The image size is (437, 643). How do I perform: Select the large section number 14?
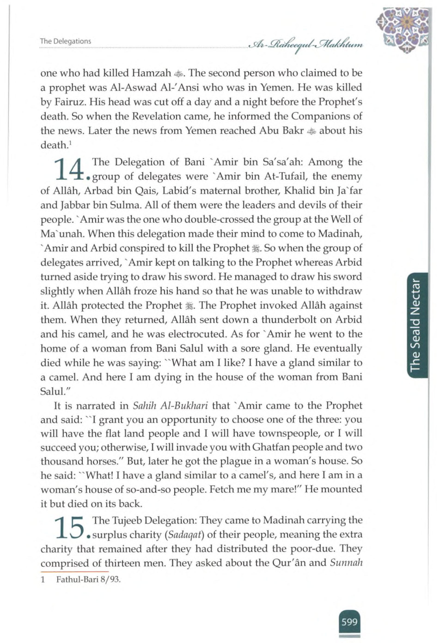click(x=69, y=169)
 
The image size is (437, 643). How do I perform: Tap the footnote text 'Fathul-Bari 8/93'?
click(x=89, y=579)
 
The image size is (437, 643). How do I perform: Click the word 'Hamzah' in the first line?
click(x=152, y=73)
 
